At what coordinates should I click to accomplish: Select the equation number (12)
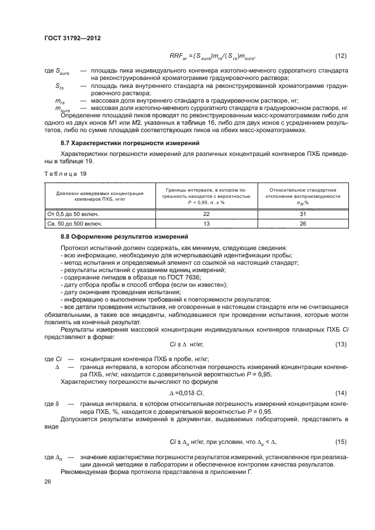340,56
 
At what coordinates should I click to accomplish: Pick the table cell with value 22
206,213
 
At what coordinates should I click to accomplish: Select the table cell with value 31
303,213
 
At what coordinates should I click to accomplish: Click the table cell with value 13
206,223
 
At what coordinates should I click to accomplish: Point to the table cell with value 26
303,223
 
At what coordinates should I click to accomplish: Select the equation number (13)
340,345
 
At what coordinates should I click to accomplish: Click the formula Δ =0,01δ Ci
187,393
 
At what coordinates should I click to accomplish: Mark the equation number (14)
340,393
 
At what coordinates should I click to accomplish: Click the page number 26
48,481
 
